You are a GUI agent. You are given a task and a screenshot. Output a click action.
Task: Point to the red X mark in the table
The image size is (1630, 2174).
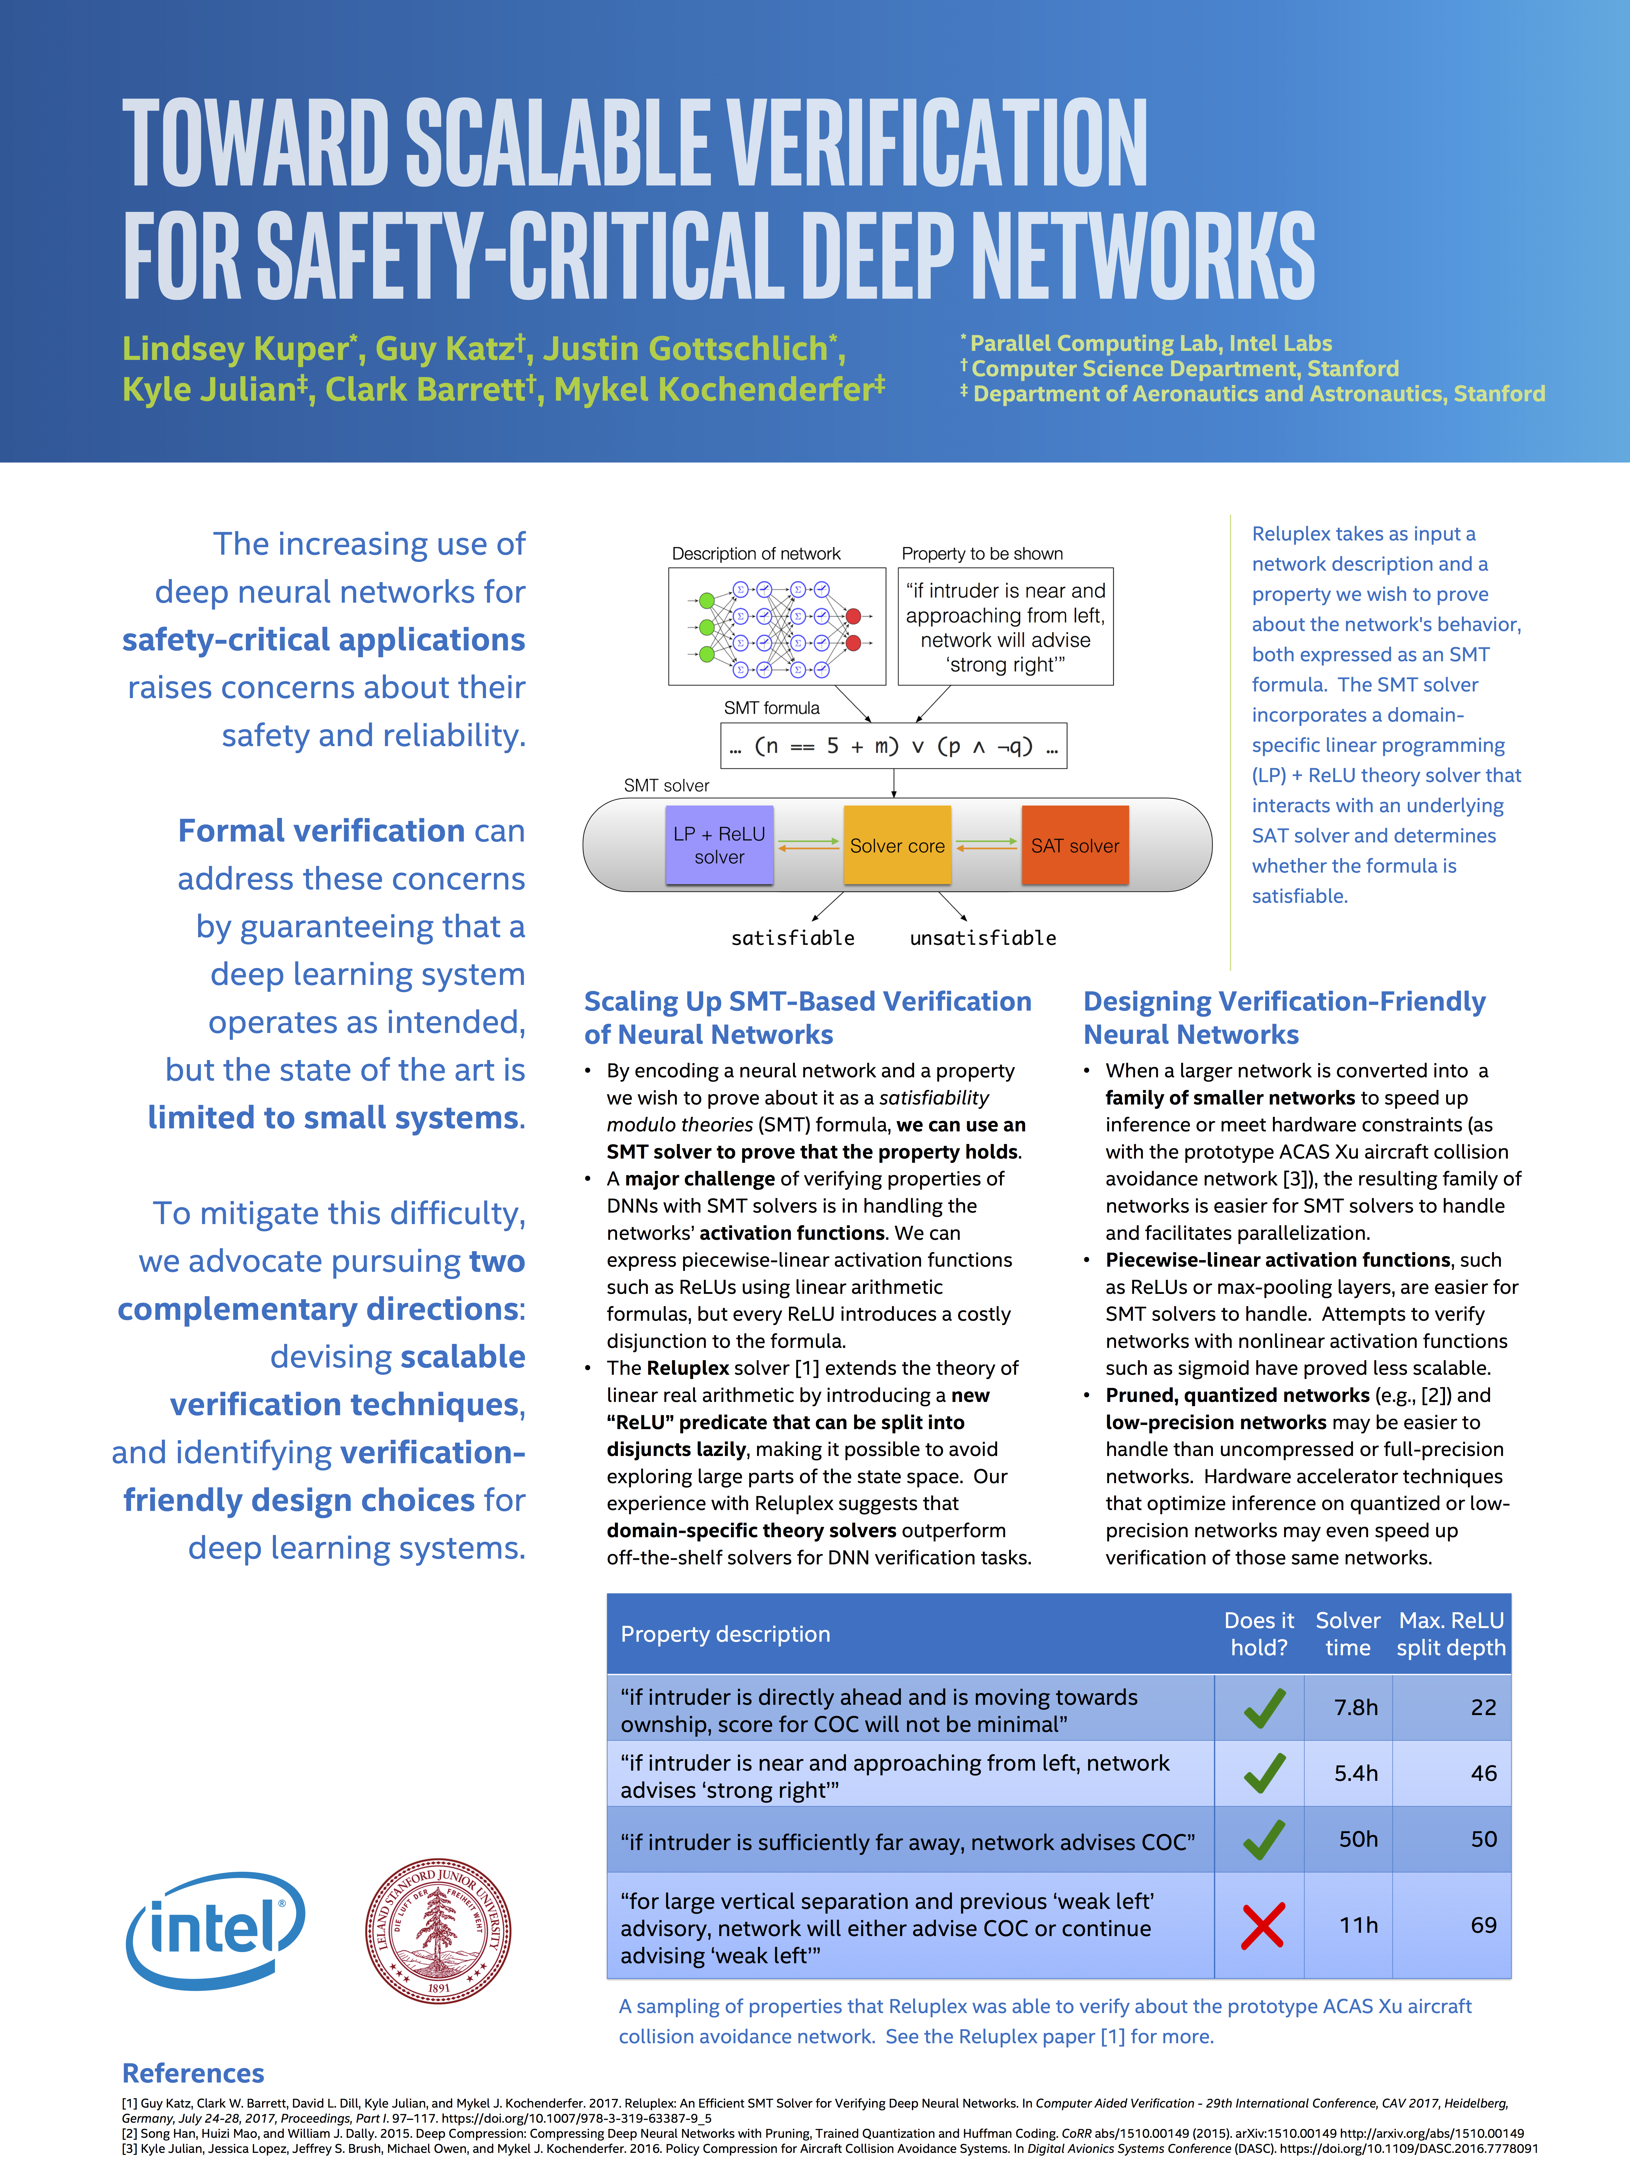[x=1263, y=1925]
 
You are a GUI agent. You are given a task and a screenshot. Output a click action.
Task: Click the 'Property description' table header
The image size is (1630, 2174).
[x=725, y=1634]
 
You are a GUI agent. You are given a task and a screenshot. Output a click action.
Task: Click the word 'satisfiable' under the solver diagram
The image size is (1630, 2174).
[x=793, y=938]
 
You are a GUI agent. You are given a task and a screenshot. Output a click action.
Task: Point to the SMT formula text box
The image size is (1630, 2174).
[x=893, y=746]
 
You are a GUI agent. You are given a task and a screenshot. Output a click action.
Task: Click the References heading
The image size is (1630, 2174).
[x=193, y=2073]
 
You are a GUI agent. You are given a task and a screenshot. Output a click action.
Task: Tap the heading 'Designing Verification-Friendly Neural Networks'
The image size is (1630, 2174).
[x=1284, y=1017]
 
